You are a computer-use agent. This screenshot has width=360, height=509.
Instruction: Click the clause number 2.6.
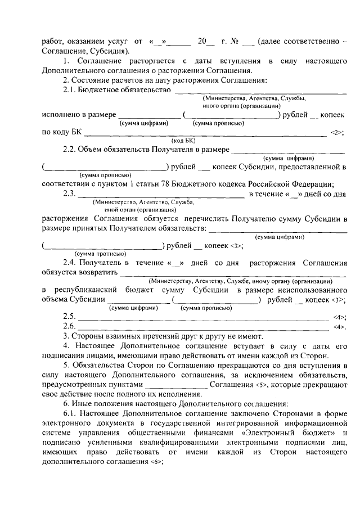click(x=69, y=326)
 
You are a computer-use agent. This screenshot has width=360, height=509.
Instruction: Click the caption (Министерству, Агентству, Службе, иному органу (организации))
click(x=240, y=281)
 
